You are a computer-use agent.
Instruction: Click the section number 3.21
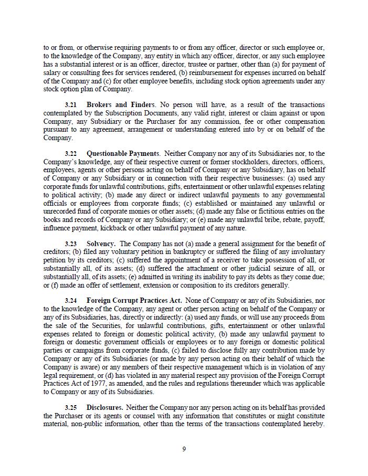(x=71, y=105)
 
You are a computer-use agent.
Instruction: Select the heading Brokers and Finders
(x=120, y=105)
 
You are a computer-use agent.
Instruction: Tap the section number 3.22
(x=71, y=154)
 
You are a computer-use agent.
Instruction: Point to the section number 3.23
(x=71, y=244)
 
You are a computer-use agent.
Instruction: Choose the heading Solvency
(x=101, y=244)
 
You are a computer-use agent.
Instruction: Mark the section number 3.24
(x=71, y=301)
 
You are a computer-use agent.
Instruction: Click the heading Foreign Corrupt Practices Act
(x=134, y=301)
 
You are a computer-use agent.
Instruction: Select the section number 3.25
(x=71, y=408)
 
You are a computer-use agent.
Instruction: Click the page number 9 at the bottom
(x=184, y=449)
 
